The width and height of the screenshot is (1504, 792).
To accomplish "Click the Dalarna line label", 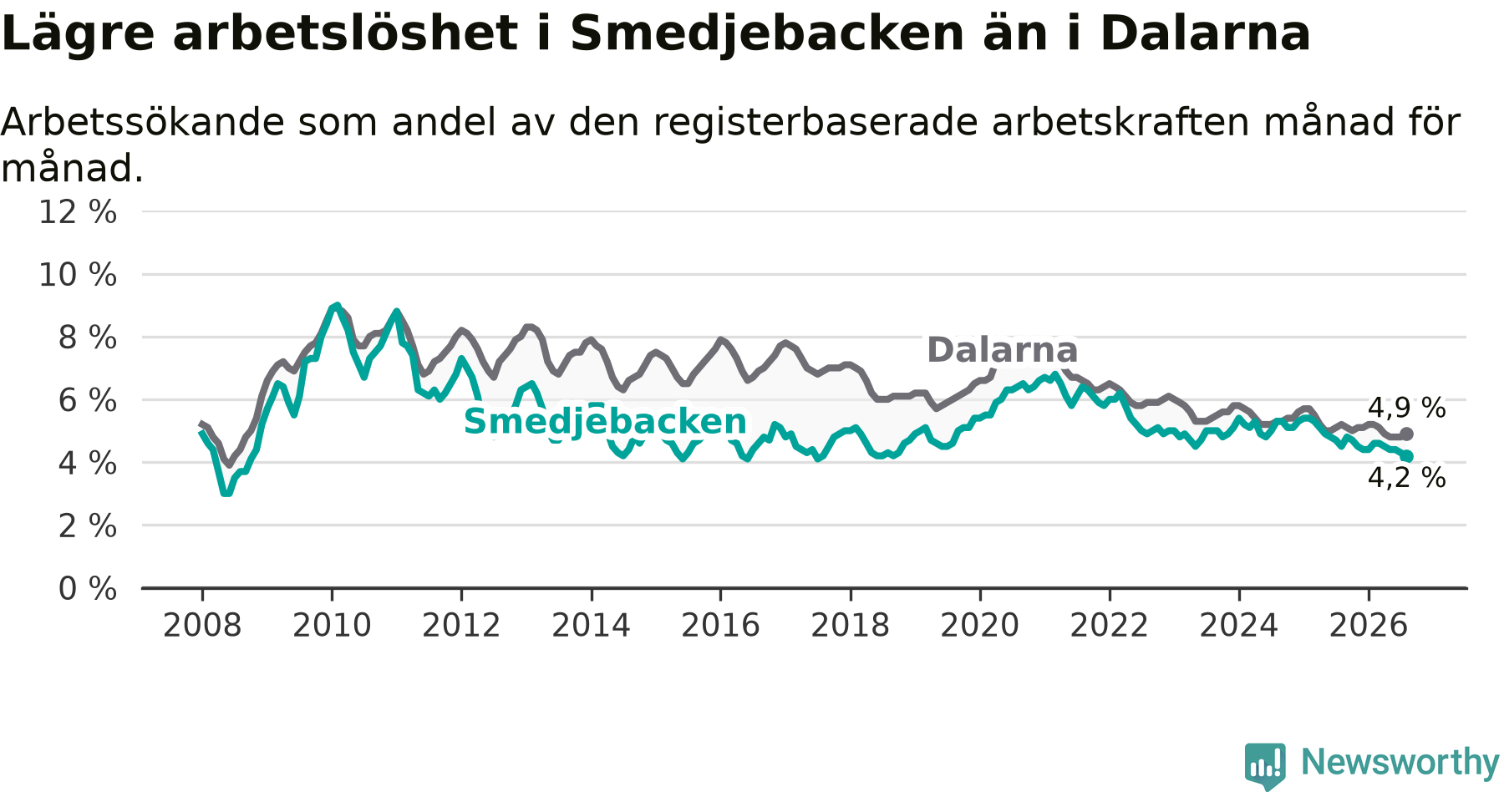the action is [x=1002, y=350].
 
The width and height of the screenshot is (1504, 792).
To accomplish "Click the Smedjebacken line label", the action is [x=605, y=422].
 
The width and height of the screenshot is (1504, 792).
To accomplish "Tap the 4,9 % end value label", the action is [x=1406, y=408].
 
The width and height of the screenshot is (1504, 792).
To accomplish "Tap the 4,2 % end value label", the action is [x=1406, y=478].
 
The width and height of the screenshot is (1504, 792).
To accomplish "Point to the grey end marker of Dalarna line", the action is [x=1406, y=434].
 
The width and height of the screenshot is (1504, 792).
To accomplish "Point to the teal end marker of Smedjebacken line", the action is [x=1407, y=456].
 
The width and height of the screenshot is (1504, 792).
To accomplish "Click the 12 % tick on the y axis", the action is [x=78, y=212].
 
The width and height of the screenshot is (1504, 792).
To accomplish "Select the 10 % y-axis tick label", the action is [x=78, y=275].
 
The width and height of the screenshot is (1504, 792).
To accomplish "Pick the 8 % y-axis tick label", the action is [x=87, y=338].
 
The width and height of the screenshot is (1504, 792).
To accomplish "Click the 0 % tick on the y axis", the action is [x=87, y=589].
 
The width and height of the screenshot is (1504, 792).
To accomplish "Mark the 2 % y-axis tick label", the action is [x=87, y=526].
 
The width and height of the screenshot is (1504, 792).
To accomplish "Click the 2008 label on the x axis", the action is [x=202, y=625].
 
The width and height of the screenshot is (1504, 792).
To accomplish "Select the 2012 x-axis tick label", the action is [x=461, y=625].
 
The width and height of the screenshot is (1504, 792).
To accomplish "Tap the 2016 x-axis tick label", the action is [x=720, y=625].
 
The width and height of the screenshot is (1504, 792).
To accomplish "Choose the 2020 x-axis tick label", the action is [x=980, y=625].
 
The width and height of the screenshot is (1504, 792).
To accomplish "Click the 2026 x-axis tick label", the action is [x=1369, y=625].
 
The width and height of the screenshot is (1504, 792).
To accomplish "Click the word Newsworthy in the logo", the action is [x=1400, y=762].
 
